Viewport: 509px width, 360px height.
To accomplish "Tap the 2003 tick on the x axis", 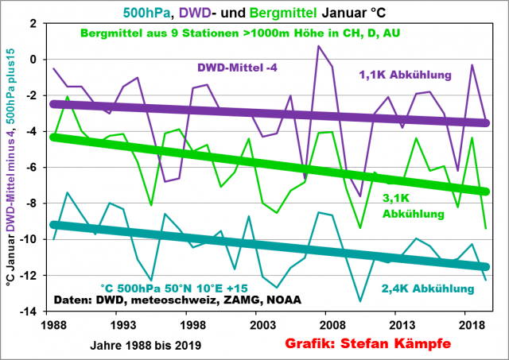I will click(251, 325).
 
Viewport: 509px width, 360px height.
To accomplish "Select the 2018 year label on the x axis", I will click(448, 325).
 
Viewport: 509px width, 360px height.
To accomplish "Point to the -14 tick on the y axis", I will click(37, 312).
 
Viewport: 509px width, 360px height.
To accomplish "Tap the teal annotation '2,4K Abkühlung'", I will click(429, 290).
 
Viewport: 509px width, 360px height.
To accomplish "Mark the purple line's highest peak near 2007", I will click(318, 45).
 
